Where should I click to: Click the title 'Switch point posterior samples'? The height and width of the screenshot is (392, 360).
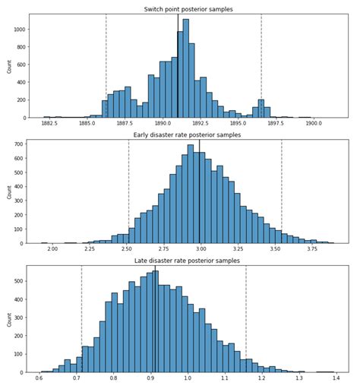(x=188, y=9)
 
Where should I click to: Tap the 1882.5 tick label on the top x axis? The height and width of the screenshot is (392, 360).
(x=51, y=123)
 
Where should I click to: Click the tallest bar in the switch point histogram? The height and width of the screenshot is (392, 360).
(x=185, y=68)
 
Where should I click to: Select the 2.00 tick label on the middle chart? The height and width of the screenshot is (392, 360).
(x=52, y=248)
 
